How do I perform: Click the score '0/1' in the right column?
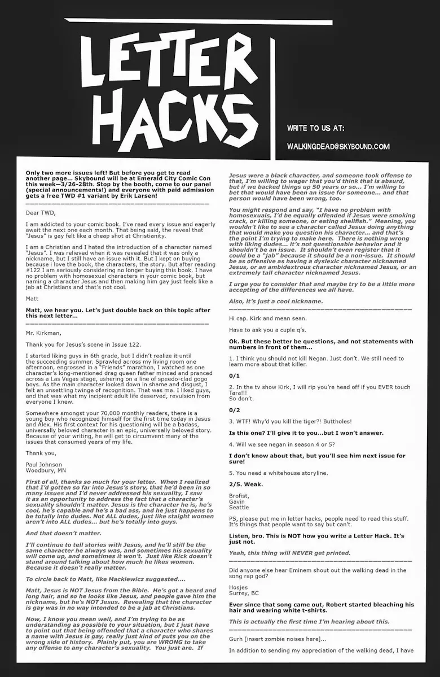[x=235, y=375]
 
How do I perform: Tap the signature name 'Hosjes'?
[x=238, y=587]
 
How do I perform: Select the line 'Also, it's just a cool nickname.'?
[x=276, y=301]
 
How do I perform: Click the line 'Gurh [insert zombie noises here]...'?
[x=276, y=639]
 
